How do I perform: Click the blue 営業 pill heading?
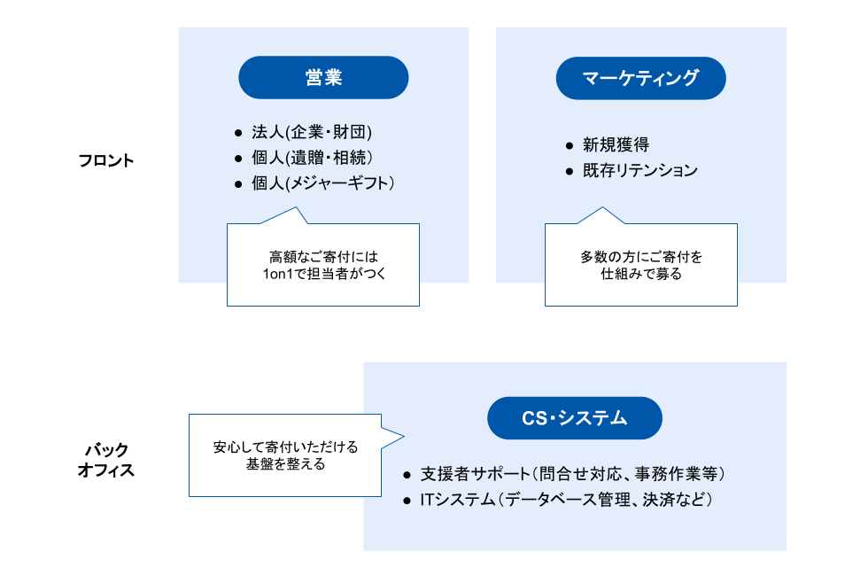pos(323,78)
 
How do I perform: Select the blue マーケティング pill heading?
pos(640,78)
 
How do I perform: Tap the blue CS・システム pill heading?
pos(574,418)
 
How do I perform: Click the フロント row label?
pos(106,160)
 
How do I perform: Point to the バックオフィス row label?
pos(106,460)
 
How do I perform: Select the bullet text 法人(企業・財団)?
pos(311,132)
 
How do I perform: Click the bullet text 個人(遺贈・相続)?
pos(311,158)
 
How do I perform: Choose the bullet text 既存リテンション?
pos(640,170)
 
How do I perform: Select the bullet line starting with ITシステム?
pos(567,500)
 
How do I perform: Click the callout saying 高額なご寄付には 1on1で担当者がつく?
pos(323,265)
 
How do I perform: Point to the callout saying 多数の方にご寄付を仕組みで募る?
pos(640,265)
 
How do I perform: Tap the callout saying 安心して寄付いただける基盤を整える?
pos(285,455)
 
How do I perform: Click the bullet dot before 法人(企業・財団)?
pos(237,133)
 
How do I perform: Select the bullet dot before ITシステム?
pos(407,500)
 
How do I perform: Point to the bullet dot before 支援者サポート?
pos(407,474)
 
